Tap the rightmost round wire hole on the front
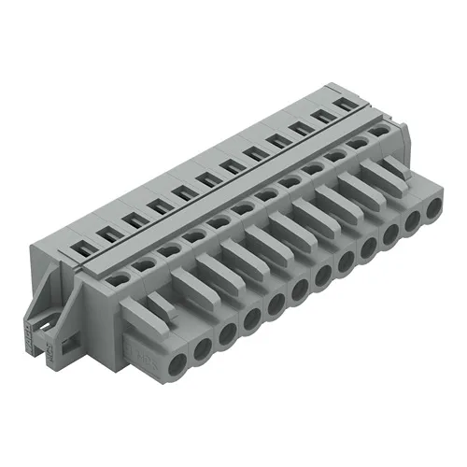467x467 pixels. [432, 211]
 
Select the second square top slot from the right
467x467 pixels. [324, 115]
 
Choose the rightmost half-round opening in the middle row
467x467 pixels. [379, 133]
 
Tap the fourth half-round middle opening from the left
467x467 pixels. [193, 234]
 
